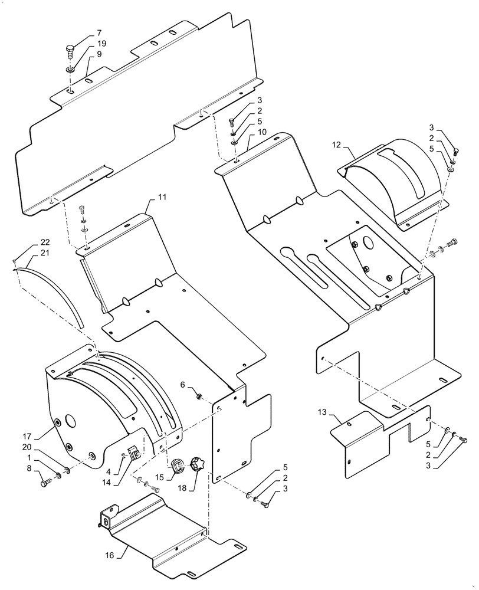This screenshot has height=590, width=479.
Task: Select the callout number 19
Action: pos(101,44)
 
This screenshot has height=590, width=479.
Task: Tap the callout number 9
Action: pos(99,54)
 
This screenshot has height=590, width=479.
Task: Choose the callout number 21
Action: pos(45,254)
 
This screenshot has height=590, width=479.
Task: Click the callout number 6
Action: pos(183,384)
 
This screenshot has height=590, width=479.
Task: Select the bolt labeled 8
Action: pos(45,483)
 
